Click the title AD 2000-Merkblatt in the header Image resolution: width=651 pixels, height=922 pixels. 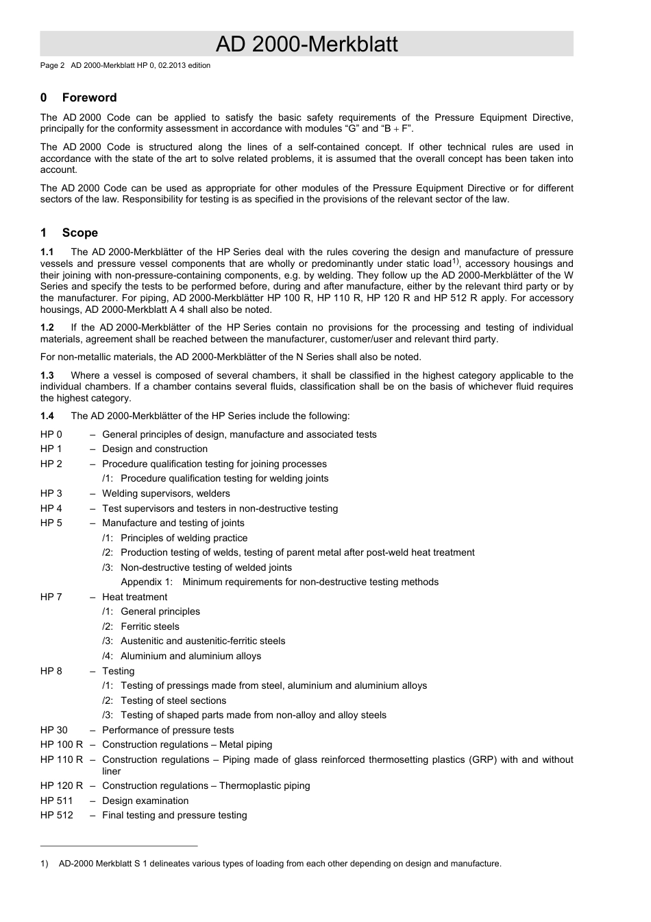(x=306, y=44)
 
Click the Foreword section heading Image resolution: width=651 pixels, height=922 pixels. (x=89, y=97)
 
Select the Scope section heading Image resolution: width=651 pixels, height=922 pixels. (x=79, y=233)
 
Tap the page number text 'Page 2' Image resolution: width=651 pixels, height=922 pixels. (x=52, y=66)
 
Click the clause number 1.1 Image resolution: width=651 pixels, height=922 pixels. (x=47, y=252)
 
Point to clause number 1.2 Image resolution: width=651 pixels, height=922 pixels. (x=47, y=327)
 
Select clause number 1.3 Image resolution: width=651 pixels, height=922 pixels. (x=47, y=375)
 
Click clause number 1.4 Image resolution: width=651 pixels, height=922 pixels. (x=47, y=416)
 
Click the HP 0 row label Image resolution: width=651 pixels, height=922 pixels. (x=51, y=434)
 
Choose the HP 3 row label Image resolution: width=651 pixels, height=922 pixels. (x=51, y=493)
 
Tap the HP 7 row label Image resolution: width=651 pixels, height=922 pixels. (x=51, y=597)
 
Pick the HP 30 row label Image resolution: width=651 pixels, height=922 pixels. (x=54, y=730)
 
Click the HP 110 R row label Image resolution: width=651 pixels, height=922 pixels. (x=62, y=759)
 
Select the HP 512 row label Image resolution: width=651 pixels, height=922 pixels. (x=57, y=815)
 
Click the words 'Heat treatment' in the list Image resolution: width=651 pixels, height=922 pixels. (x=134, y=597)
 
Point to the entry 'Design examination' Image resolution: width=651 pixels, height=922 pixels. (x=145, y=801)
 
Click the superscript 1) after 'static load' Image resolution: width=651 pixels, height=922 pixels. (x=455, y=261)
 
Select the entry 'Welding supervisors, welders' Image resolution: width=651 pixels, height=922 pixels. (x=166, y=493)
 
